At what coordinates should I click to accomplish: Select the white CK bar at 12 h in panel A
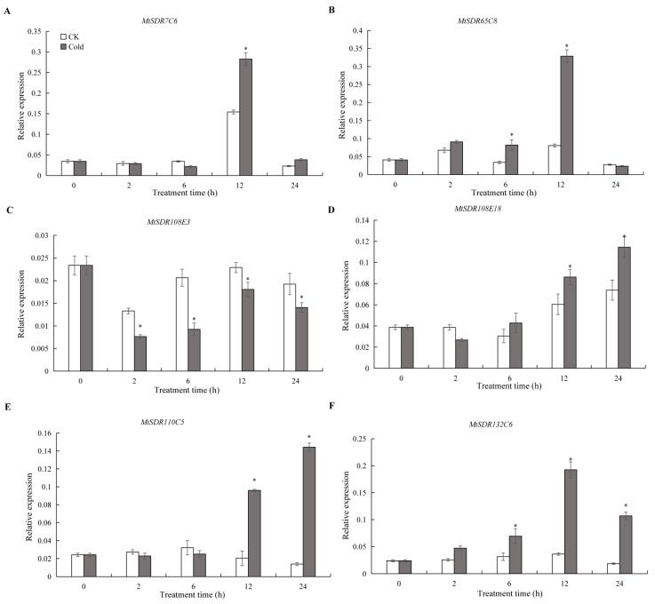click(x=232, y=143)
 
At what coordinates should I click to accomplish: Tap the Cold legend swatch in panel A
click(x=63, y=46)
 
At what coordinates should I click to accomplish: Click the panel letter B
click(x=333, y=10)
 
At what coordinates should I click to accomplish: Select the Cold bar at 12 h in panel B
click(x=566, y=115)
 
